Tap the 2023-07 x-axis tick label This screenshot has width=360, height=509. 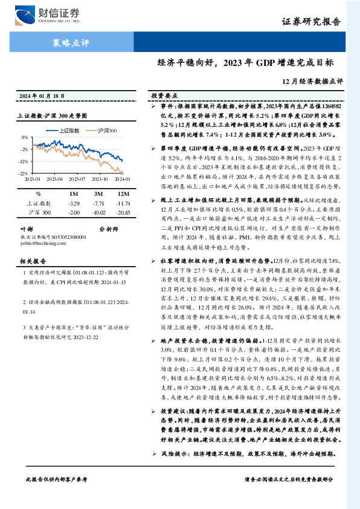point(77,179)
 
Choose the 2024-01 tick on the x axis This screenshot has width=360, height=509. point(121,179)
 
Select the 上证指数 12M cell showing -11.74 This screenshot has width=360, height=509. point(122,204)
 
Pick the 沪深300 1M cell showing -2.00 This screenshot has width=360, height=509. point(74,213)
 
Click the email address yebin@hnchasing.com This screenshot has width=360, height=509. point(40,244)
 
